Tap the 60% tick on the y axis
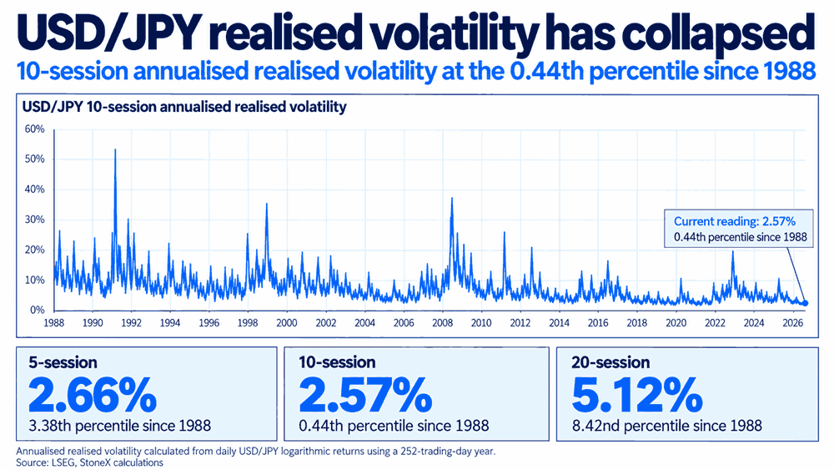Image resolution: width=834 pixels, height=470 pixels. point(34,129)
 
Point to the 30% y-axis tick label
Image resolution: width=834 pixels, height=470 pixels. point(34,220)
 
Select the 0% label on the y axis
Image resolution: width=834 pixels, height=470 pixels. point(38,310)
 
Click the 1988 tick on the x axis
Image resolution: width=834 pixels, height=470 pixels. point(53,322)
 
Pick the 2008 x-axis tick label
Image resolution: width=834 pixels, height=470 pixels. point(443,322)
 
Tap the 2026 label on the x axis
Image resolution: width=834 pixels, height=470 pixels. point(792,322)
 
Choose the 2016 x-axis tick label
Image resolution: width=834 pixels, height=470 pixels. point(598,322)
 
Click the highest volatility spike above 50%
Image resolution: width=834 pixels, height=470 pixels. point(115,150)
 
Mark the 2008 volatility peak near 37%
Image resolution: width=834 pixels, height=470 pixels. point(451,199)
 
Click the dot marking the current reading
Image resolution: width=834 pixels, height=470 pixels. point(805,303)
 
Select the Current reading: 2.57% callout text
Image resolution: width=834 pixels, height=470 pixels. point(735,221)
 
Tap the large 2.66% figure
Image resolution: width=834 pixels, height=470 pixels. point(93,394)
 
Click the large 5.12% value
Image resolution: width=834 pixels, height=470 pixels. point(637,394)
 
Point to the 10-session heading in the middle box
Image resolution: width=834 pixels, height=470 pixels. point(337,362)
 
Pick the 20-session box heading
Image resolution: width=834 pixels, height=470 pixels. point(610,362)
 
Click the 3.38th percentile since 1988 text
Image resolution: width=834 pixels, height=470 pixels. point(119,426)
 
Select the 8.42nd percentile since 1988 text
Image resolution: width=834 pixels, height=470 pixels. point(667,426)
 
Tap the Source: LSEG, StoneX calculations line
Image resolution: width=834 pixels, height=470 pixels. point(89,462)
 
